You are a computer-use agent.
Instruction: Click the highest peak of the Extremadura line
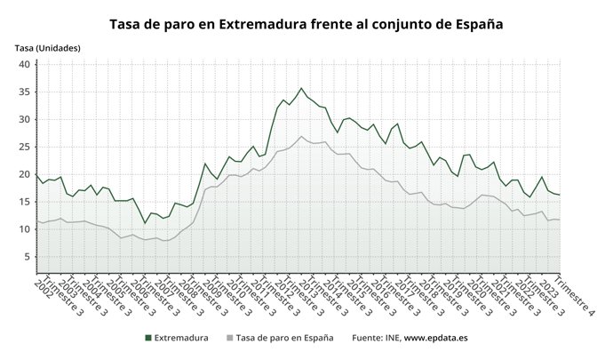pyautogui.click(x=301, y=88)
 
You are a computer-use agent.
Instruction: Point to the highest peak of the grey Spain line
pyautogui.click(x=302, y=136)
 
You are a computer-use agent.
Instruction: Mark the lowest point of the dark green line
pyautogui.click(x=146, y=223)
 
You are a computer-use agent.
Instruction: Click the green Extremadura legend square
pyautogui.click(x=147, y=338)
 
